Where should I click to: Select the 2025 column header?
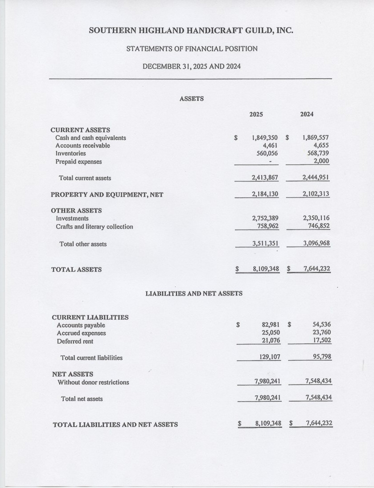tap(256, 115)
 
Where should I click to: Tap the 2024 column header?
tap(307, 115)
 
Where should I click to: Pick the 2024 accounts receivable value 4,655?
tap(321, 146)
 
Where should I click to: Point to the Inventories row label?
tap(71, 153)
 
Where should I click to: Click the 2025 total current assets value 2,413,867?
tap(265, 178)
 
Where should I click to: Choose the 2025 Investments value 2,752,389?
tap(265, 218)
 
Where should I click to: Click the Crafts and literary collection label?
tap(95, 226)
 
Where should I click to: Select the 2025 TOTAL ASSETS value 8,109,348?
tap(266, 269)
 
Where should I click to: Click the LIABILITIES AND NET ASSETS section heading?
tap(194, 294)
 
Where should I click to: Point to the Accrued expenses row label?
tap(82, 333)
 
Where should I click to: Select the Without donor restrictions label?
tap(93, 382)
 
